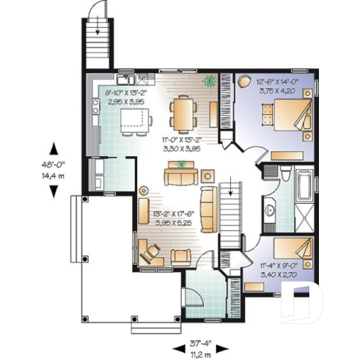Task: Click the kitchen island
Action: click(133, 119)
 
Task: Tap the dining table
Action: click(182, 114)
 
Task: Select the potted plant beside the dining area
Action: click(210, 81)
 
